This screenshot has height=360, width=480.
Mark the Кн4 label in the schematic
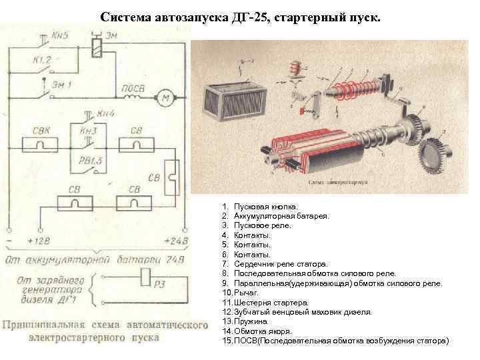[x=106, y=113]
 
